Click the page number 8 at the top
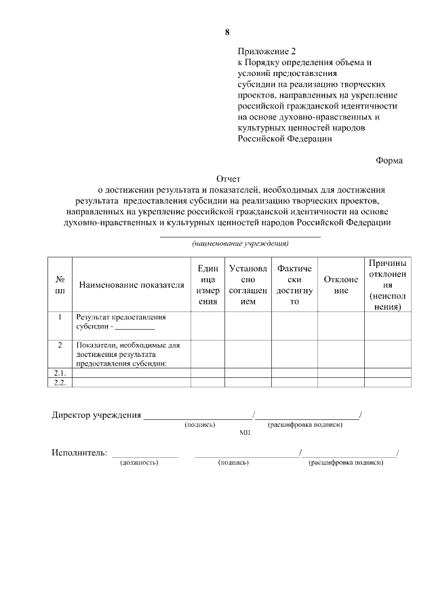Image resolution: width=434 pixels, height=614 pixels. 227,32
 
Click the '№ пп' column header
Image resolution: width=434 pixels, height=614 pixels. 60,284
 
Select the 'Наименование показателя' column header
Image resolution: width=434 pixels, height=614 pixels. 132,285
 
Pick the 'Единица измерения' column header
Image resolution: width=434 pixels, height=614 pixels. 208,285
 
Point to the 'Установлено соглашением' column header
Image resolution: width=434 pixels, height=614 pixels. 248,285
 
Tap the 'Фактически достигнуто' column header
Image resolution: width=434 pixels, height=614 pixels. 294,285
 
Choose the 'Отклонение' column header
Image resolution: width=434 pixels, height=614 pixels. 340,285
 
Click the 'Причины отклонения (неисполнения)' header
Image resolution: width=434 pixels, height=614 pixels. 387,284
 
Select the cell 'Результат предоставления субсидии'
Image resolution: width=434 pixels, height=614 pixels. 121,321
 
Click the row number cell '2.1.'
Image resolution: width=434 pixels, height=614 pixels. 60,372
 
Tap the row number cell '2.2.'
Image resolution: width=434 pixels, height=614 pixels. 60,382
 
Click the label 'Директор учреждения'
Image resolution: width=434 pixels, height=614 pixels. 96,415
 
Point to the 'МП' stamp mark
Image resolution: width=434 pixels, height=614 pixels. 245,431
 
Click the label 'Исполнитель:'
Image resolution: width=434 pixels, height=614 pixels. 79,453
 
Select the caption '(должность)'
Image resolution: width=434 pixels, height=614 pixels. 139,463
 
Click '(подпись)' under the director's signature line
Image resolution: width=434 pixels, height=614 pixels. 200,425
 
